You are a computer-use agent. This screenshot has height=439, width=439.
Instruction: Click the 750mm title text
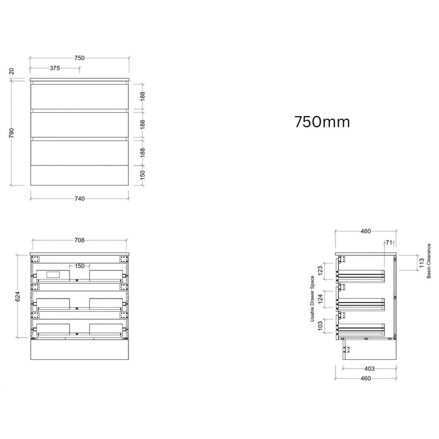[322, 122]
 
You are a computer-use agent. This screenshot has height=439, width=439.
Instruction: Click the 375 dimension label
[55, 68]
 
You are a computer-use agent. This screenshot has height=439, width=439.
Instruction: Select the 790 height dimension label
[11, 133]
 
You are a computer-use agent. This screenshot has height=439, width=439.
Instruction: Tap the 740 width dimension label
[80, 199]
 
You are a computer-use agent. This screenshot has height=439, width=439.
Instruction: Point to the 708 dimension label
[80, 240]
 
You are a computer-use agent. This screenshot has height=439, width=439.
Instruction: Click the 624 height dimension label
[18, 297]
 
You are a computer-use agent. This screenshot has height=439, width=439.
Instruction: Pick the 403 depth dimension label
[369, 369]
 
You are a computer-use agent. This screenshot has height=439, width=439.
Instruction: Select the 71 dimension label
[389, 243]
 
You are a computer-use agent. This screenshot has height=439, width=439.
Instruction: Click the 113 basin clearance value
[422, 263]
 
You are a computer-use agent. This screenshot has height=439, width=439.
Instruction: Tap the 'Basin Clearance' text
[429, 261]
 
